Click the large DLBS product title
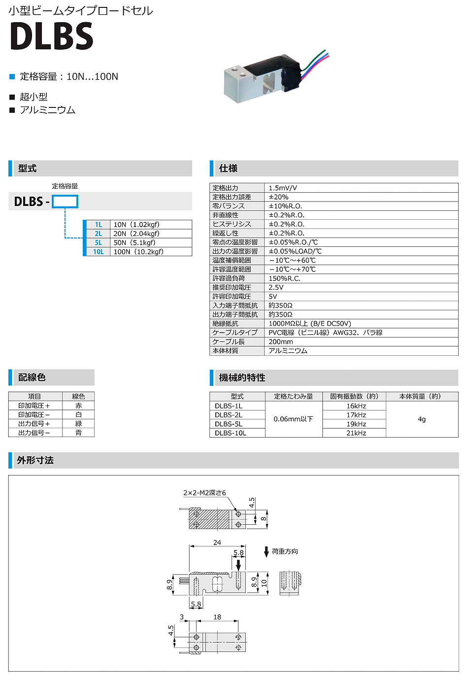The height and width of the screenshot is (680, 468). [x=52, y=36]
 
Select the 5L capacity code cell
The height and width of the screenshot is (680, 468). [x=99, y=242]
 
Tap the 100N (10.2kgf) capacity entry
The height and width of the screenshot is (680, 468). [x=138, y=252]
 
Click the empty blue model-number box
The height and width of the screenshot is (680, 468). [x=65, y=202]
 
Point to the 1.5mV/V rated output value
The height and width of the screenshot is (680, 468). [x=283, y=188]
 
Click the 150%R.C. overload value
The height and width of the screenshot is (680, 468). [x=284, y=278]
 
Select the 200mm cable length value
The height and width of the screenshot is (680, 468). [x=281, y=341]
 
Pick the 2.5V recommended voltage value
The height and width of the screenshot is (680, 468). [x=276, y=287]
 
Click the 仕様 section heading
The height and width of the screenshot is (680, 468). [x=228, y=169]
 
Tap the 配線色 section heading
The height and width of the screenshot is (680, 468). [x=32, y=377]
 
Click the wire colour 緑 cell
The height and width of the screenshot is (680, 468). [x=78, y=424]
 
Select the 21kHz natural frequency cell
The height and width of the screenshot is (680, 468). [x=356, y=433]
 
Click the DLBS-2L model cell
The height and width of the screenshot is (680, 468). [x=229, y=415]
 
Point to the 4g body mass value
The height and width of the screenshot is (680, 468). [x=422, y=419]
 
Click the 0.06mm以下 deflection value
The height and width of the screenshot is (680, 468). [x=294, y=419]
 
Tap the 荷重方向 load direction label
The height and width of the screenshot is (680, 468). [x=285, y=551]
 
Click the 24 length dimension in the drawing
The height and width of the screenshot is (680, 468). [x=217, y=543]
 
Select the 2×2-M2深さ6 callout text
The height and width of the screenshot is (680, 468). [x=204, y=493]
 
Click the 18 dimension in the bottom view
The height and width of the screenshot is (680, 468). [x=217, y=617]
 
